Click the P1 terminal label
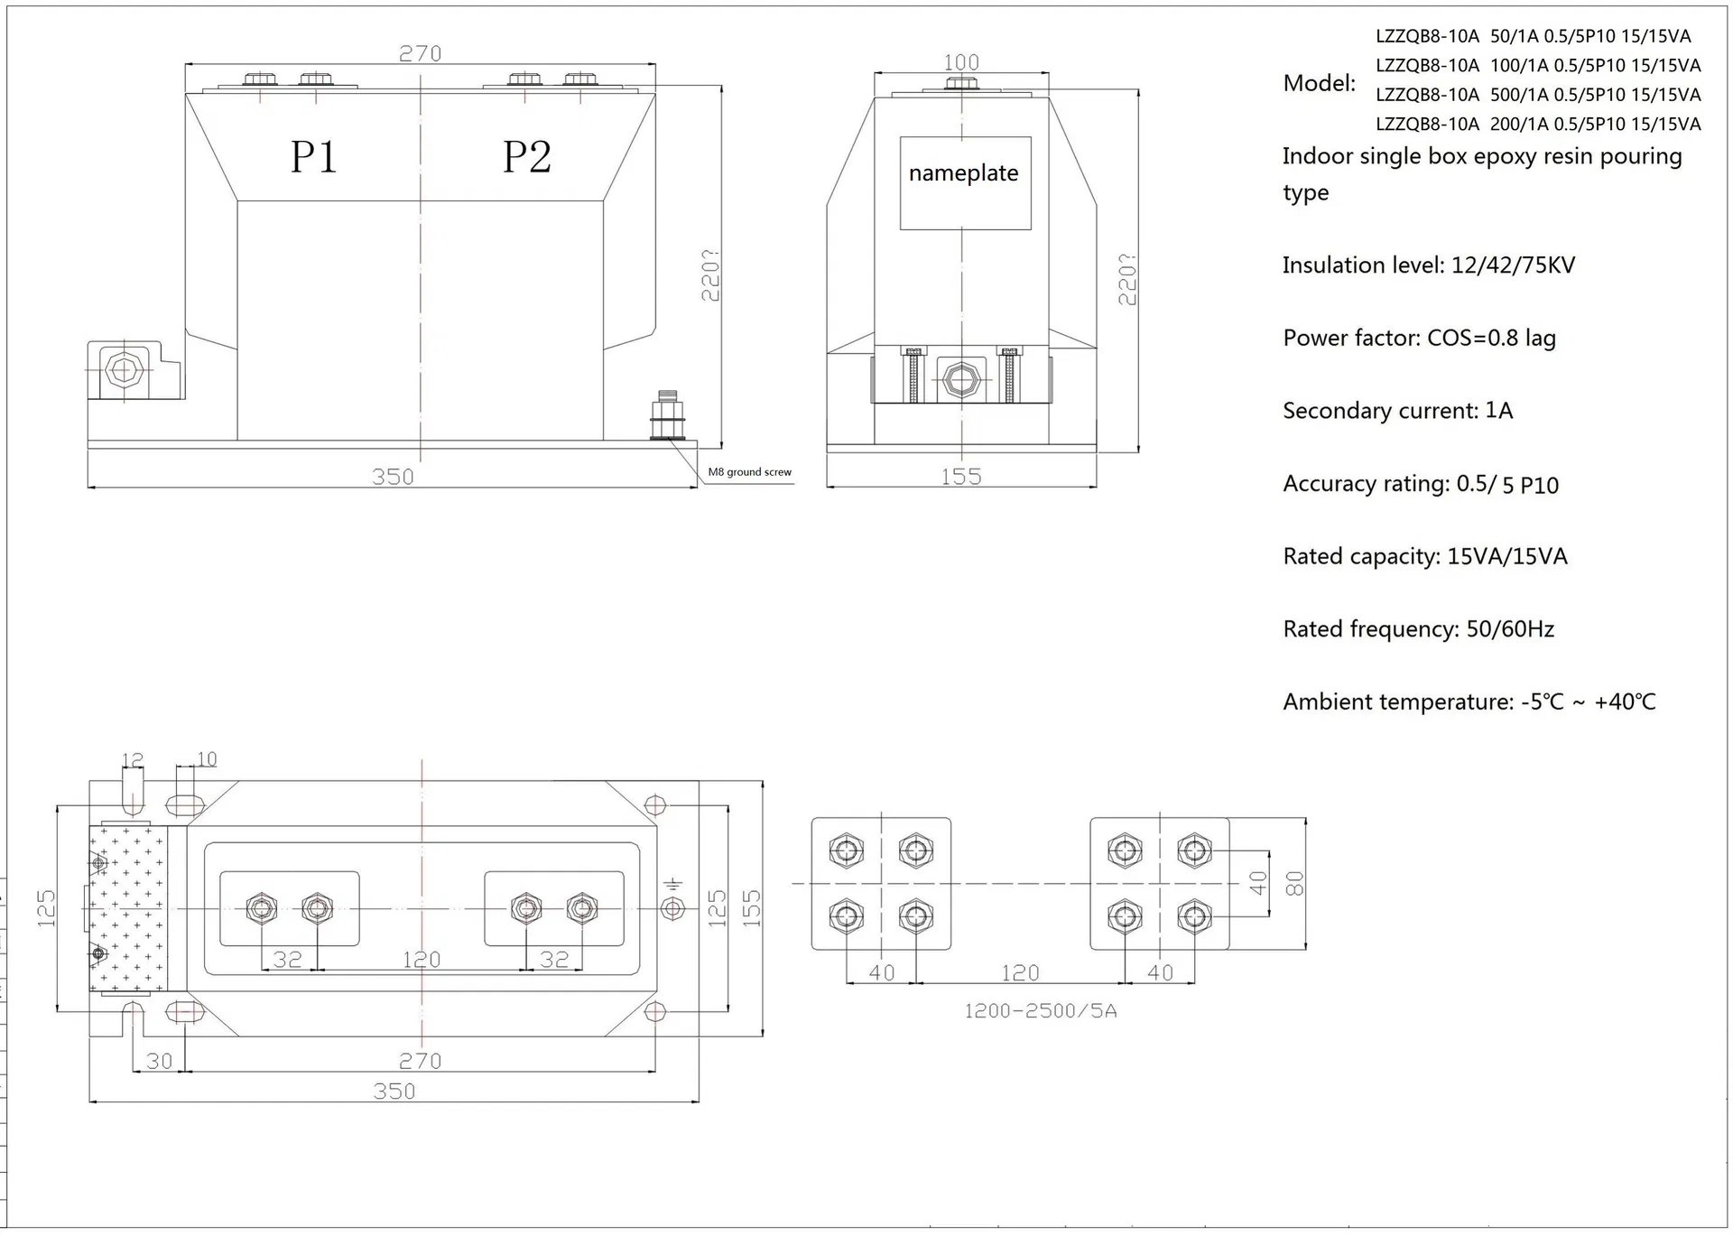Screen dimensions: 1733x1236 (x=313, y=157)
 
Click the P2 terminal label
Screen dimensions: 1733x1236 (x=526, y=157)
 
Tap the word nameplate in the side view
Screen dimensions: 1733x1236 (x=963, y=173)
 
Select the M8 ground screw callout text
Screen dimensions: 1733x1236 (x=749, y=472)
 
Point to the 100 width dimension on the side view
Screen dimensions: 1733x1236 (x=961, y=62)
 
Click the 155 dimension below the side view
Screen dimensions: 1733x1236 (x=961, y=477)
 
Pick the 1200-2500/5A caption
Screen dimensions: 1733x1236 (x=1041, y=1011)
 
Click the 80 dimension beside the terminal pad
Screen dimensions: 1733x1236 (x=1295, y=883)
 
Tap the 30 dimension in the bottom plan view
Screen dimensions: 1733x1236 (x=159, y=1061)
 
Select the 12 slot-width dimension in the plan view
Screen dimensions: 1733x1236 (x=132, y=760)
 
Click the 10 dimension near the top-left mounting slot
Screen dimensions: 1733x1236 (x=207, y=759)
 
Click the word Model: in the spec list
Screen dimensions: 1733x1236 (x=1320, y=83)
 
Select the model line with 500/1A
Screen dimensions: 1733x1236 (x=1538, y=95)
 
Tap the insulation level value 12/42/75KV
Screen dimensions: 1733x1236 (x=1513, y=265)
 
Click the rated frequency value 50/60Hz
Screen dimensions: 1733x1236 (x=1510, y=629)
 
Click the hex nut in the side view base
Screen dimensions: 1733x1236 (x=961, y=379)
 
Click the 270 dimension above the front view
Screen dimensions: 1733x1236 (x=421, y=53)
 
